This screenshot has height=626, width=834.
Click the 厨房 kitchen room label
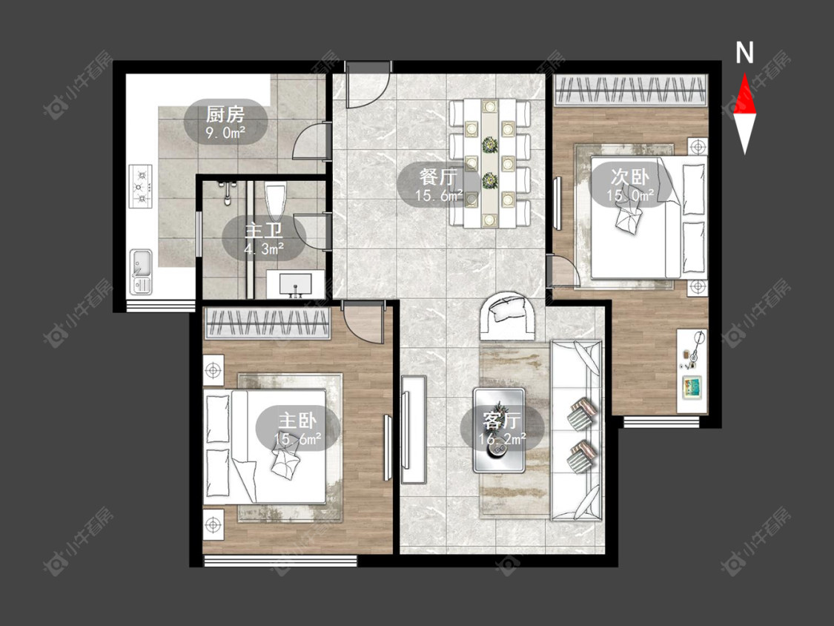pos(225,114)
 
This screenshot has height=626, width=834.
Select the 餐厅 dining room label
pos(438,177)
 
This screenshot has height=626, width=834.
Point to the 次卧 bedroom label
pos(629,177)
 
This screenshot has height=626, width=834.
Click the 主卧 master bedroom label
pos(297,421)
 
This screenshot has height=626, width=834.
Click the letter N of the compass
pos(744,53)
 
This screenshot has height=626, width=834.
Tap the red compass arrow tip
pos(744,73)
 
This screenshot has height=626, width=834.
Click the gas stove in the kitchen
pos(140,186)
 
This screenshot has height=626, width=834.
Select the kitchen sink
pos(141,271)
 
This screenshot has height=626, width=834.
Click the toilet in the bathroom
pos(276,201)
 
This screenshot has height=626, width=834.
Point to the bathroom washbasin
pos(295,284)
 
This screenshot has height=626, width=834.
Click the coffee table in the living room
pos(499,430)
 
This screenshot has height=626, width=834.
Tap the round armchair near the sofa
pos(509,316)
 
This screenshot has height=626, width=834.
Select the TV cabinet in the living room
pos(413,429)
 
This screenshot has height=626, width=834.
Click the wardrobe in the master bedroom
pos(268,323)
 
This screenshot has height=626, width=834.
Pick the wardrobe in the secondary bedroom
pos(631,90)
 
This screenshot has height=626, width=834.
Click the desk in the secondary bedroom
pos(692,371)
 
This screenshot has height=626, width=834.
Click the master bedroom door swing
pos(362,323)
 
